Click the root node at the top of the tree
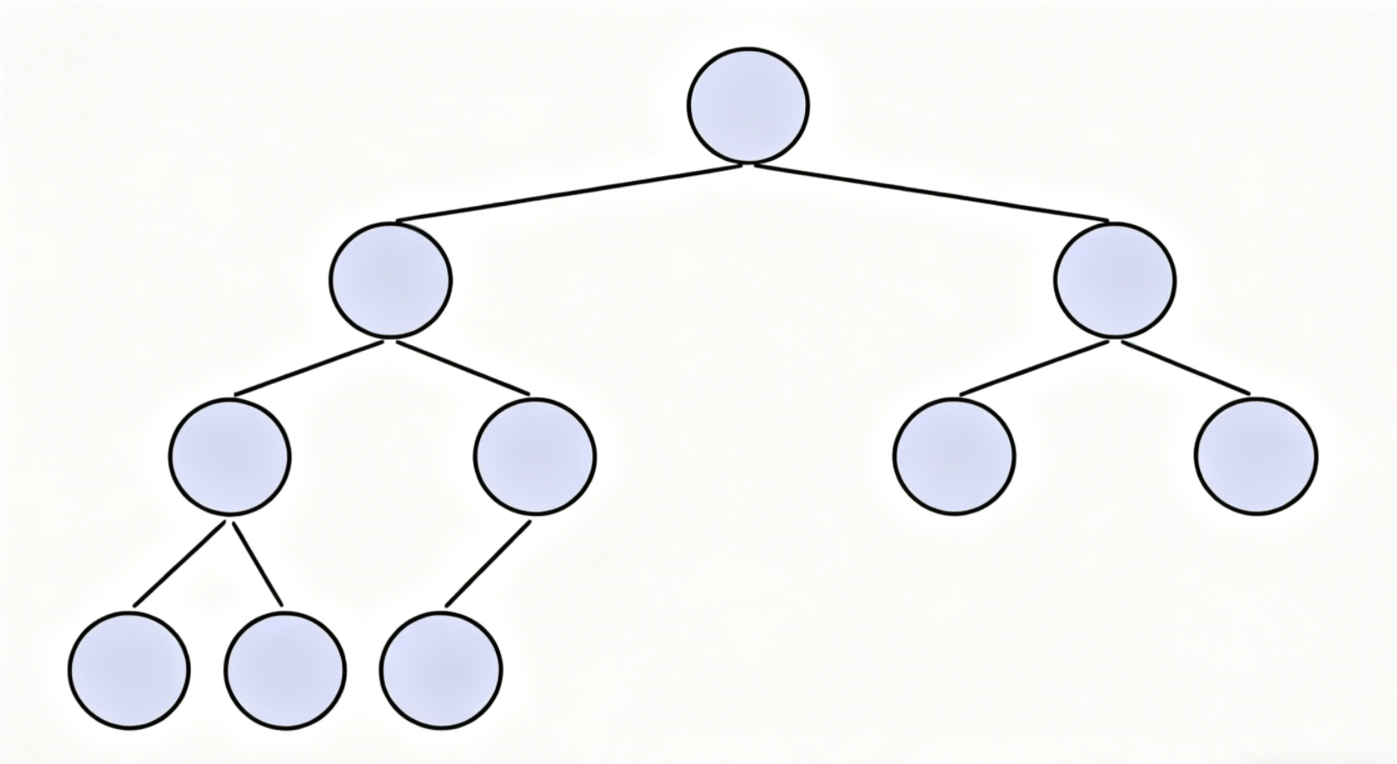point(748,106)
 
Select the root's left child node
point(390,280)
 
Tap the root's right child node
point(1115,280)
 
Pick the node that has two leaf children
point(230,457)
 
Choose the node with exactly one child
point(534,457)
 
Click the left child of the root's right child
point(954,457)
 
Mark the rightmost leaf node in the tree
point(1256,457)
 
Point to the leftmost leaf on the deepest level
point(130,671)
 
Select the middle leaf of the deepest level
point(285,671)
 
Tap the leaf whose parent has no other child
point(441,671)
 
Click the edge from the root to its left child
point(571,192)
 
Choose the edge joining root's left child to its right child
point(463,368)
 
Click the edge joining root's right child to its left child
point(1034,368)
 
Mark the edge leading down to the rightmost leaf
point(1186,368)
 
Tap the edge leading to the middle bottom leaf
point(258,564)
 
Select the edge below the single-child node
point(488,564)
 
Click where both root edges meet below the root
point(748,164)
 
